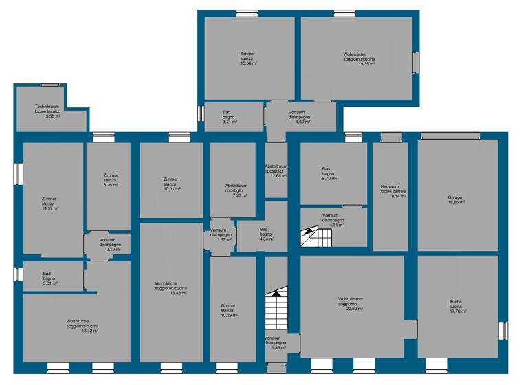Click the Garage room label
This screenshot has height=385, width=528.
pyautogui.click(x=456, y=199)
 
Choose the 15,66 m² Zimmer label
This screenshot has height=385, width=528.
pyautogui.click(x=248, y=58)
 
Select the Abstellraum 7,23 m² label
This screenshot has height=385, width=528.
pyautogui.click(x=236, y=190)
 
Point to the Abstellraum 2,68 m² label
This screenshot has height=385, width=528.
pyautogui.click(x=276, y=170)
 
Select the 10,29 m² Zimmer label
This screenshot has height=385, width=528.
pyautogui.click(x=228, y=309)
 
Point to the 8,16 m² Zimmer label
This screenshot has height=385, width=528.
pyautogui.click(x=111, y=181)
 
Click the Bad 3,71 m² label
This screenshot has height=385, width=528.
pyautogui.click(x=230, y=116)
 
